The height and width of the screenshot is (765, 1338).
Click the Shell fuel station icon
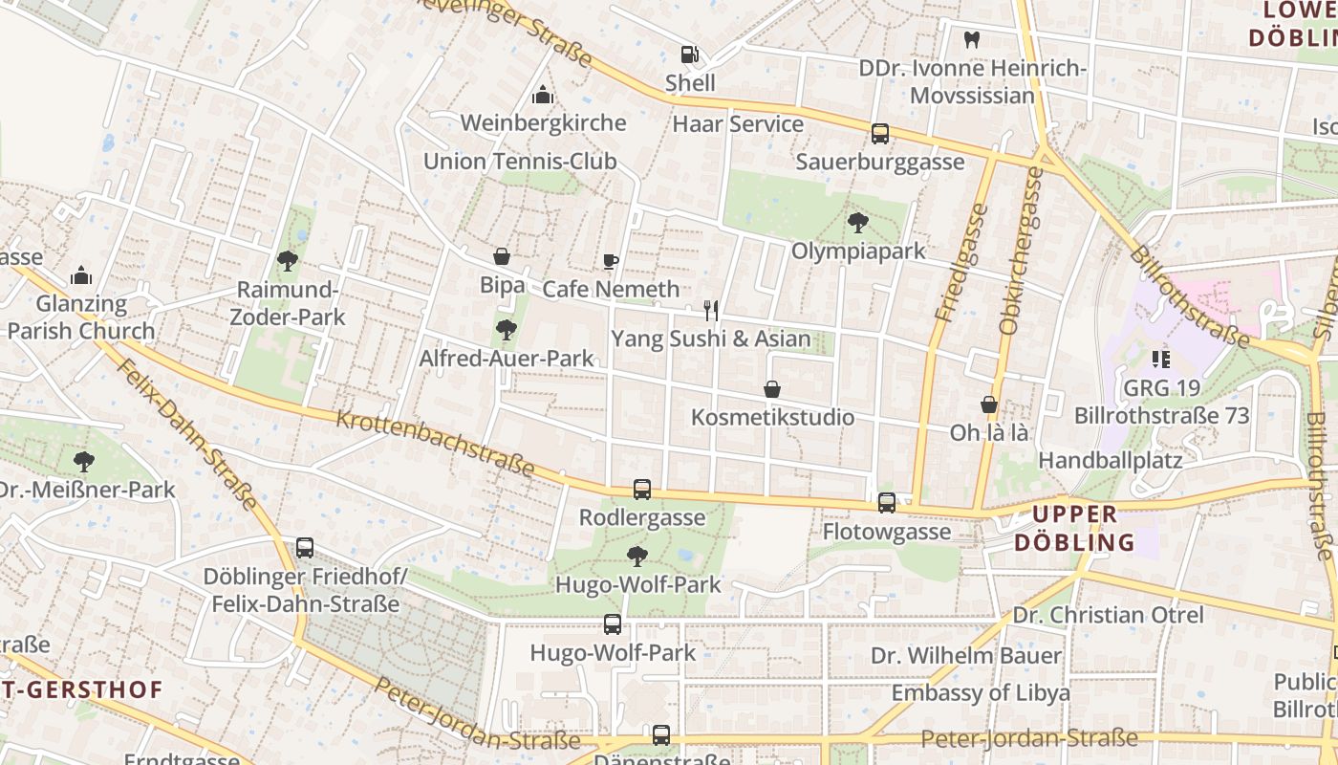[689, 55]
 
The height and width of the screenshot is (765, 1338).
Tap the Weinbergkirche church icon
[543, 95]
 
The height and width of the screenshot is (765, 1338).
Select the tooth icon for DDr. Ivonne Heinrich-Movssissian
[972, 40]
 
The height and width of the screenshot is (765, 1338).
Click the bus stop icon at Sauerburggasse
[879, 134]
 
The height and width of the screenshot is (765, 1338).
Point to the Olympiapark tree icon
[857, 223]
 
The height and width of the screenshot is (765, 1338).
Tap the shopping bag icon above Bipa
[501, 256]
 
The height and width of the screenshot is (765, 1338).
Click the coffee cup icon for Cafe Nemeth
[611, 261]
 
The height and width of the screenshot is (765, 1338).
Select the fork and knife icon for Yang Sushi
[710, 310]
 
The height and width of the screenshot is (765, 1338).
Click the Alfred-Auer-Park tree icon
[506, 330]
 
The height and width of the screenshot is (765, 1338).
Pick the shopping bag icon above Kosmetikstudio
[771, 389]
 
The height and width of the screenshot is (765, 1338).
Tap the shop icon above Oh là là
[988, 404]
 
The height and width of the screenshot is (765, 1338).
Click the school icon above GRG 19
[1161, 360]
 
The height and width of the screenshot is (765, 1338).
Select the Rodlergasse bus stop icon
[642, 490]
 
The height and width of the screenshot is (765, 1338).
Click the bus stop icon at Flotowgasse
[887, 503]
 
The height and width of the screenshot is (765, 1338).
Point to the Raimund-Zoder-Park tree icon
[287, 260]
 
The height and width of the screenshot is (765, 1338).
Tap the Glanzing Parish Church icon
[81, 275]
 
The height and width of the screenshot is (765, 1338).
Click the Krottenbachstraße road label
[435, 442]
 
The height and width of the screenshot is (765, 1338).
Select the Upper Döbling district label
[1074, 528]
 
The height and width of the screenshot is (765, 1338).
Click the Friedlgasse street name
[961, 262]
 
